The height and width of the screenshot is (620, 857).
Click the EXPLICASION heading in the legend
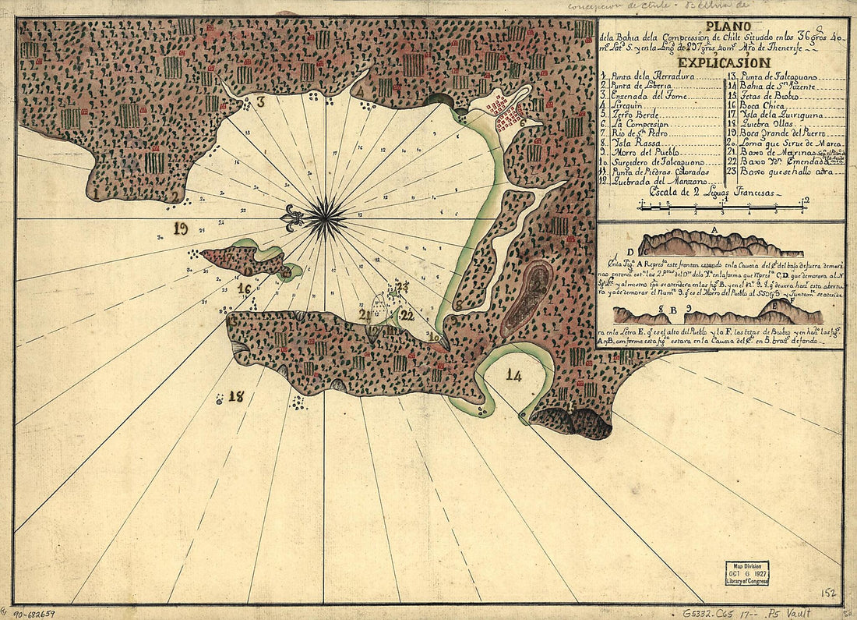[723, 62]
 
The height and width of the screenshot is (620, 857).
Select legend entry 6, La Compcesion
[639, 123]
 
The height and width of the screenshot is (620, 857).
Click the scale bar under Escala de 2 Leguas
[721, 207]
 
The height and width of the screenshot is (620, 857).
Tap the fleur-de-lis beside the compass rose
[294, 218]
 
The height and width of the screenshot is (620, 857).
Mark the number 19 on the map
[182, 229]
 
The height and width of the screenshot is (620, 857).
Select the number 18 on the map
[236, 396]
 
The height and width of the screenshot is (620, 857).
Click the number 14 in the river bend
[513, 375]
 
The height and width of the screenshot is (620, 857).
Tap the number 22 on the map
[407, 315]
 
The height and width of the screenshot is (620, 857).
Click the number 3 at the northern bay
[261, 101]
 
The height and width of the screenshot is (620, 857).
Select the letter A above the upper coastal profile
[714, 229]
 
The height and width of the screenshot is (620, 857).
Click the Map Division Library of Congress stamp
[746, 572]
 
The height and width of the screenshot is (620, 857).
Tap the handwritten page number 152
[828, 593]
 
